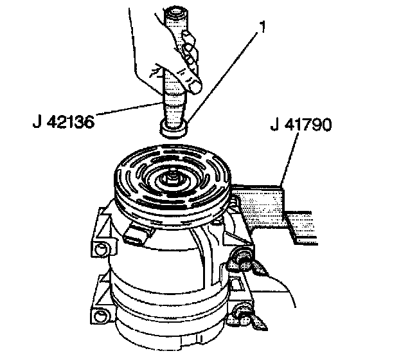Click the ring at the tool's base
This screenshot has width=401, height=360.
coord(173,129)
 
